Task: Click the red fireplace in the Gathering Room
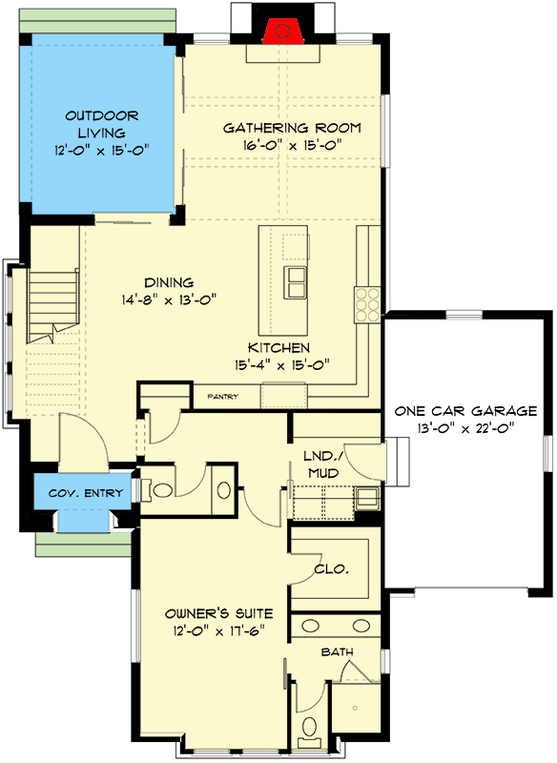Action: pyautogui.click(x=281, y=31)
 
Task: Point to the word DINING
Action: pyautogui.click(x=169, y=282)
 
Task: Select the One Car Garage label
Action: pyautogui.click(x=465, y=411)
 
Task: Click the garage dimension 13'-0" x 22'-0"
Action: pyautogui.click(x=465, y=429)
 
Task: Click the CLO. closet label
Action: pyautogui.click(x=331, y=569)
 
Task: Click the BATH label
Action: pyautogui.click(x=336, y=652)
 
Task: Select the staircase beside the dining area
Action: pyautogui.click(x=52, y=305)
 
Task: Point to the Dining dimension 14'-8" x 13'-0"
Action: pyautogui.click(x=169, y=299)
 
